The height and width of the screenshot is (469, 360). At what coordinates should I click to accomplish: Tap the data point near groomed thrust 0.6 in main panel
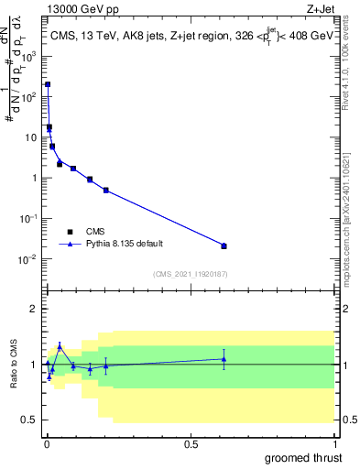click(x=224, y=245)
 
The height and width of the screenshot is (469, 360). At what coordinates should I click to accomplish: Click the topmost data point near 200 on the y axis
click(x=48, y=84)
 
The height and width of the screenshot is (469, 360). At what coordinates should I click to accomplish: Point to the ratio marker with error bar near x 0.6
click(x=224, y=358)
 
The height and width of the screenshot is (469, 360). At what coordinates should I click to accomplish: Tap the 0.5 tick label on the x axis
click(x=191, y=444)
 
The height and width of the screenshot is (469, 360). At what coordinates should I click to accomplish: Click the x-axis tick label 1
click(x=335, y=444)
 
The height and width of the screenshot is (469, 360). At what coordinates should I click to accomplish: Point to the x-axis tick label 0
click(x=47, y=444)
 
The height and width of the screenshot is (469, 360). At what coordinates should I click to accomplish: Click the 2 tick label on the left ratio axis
click(x=37, y=309)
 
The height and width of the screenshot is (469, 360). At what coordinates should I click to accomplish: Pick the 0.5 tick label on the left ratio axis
click(x=32, y=420)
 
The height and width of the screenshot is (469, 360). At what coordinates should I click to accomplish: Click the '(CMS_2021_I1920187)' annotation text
click(x=190, y=274)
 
